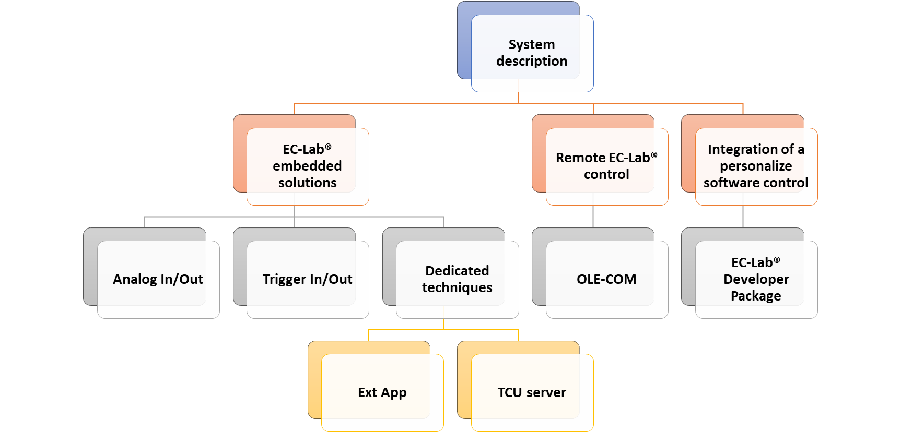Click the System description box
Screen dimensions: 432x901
532,53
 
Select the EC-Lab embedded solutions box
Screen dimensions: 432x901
308,166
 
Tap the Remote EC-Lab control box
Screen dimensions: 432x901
606,166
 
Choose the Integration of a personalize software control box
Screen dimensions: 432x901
756,166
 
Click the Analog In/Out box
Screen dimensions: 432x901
158,279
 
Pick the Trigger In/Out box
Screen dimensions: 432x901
308,279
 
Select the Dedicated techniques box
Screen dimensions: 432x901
457,279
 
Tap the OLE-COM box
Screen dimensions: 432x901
606,279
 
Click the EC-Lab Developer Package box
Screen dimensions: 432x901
756,279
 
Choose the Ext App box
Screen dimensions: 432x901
382,392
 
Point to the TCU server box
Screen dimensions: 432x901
532,392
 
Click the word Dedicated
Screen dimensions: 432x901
457,271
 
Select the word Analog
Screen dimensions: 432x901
135,279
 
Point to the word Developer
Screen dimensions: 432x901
756,279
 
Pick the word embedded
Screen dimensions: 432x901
307,166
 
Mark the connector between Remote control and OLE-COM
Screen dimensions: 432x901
593,216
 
